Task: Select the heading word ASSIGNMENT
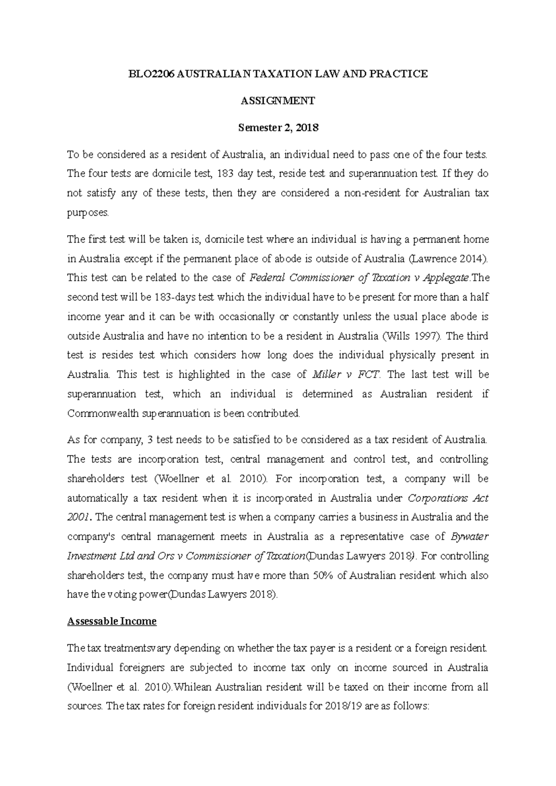[x=278, y=101]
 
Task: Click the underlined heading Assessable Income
[x=112, y=621]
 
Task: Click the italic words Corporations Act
[x=448, y=499]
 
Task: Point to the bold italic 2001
[x=77, y=518]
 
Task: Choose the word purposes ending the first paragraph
[x=88, y=213]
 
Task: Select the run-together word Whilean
[x=191, y=687]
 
